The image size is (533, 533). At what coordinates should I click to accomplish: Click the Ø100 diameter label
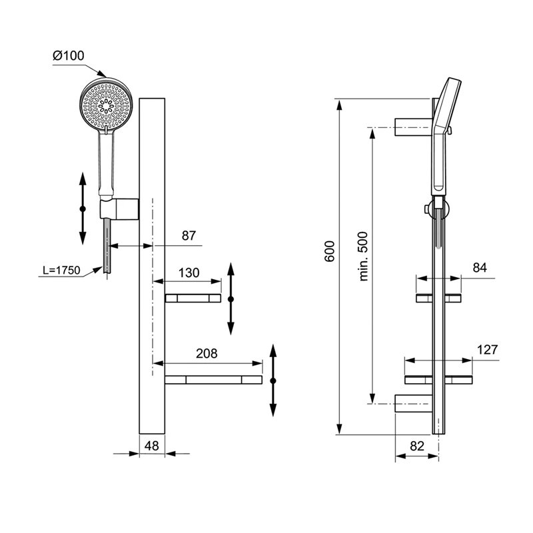click(x=69, y=55)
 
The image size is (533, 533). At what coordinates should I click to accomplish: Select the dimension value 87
click(x=189, y=236)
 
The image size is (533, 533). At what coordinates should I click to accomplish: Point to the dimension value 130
click(x=189, y=272)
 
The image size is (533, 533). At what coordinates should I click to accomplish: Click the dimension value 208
click(x=207, y=354)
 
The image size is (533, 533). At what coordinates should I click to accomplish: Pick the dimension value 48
click(x=152, y=446)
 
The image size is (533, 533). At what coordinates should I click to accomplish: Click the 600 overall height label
click(x=329, y=251)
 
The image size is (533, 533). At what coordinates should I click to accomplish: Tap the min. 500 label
click(x=363, y=257)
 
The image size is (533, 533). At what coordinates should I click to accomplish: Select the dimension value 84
click(x=480, y=268)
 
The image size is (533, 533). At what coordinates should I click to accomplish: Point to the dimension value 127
click(x=487, y=349)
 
